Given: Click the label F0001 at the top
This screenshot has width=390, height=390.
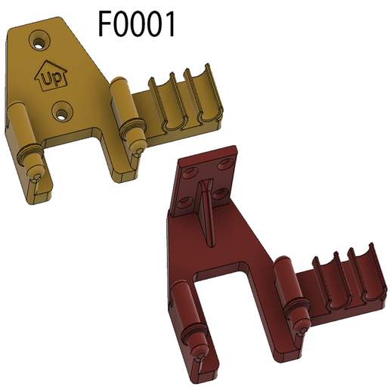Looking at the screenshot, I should coord(137,24).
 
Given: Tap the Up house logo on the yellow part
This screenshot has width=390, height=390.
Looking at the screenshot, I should coord(51,76).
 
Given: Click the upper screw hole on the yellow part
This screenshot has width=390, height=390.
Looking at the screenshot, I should coord(38,36).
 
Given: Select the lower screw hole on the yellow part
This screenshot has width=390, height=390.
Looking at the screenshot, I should coord(61,113).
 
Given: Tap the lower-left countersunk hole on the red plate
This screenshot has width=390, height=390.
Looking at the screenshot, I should coord(184,200).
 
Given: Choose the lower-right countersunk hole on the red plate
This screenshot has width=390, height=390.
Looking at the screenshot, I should coord(220,194).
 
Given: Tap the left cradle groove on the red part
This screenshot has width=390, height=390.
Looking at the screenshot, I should coord(336,283).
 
